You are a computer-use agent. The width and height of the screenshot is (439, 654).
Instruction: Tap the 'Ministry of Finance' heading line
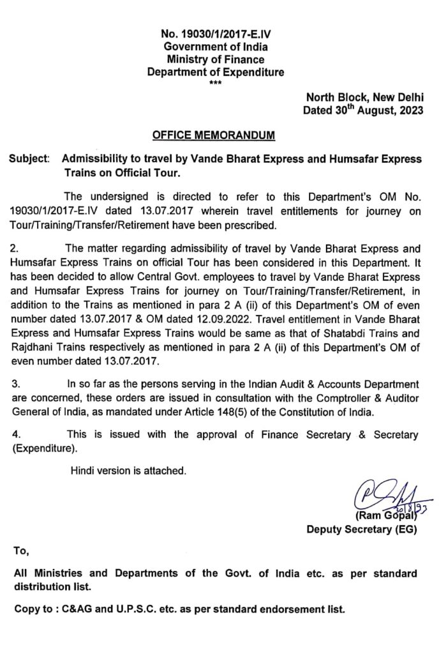215,61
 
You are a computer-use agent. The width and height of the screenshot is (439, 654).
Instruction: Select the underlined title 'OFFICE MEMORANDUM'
214,136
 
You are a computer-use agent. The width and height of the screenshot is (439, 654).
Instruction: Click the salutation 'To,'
21,551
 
